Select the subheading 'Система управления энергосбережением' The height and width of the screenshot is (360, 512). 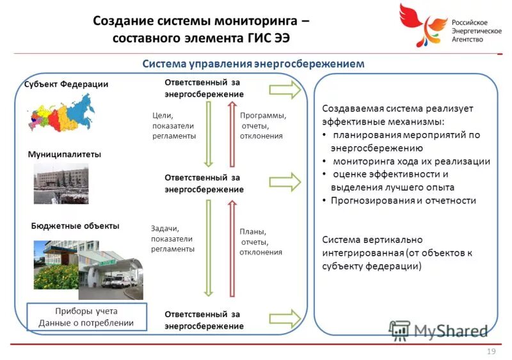click(x=253, y=64)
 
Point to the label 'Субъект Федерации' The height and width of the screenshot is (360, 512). click(x=67, y=84)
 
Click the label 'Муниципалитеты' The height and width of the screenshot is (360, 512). click(x=65, y=154)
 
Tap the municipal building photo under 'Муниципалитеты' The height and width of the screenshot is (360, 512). click(x=61, y=183)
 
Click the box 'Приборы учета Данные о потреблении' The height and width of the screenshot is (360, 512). click(x=86, y=317)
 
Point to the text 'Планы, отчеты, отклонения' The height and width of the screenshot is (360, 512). click(x=260, y=242)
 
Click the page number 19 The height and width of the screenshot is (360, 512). click(x=492, y=352)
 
